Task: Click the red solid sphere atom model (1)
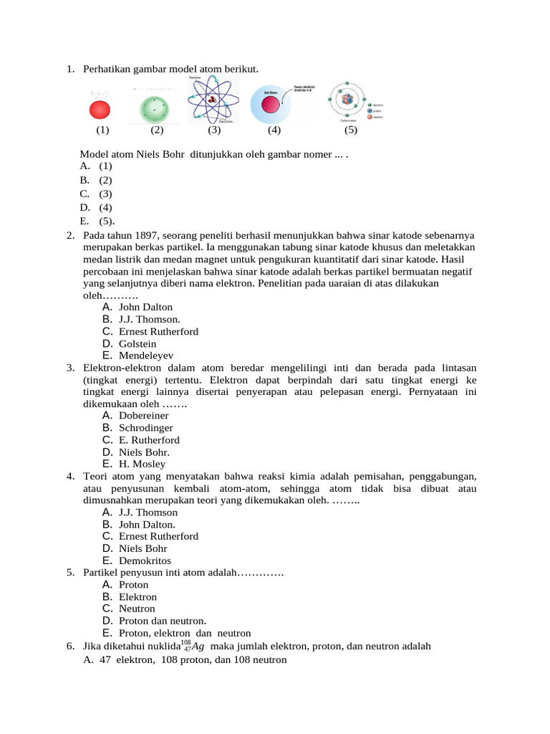100,110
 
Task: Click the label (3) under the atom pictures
214,130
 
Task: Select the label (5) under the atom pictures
350,130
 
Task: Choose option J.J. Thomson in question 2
149,319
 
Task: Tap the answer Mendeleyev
146,356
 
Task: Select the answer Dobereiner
143,415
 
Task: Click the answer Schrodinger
147,427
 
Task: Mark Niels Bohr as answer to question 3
144,452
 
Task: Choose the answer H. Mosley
142,464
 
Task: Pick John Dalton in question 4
147,524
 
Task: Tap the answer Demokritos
145,561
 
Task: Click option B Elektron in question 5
137,596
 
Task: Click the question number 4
71,476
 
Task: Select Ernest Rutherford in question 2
158,331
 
